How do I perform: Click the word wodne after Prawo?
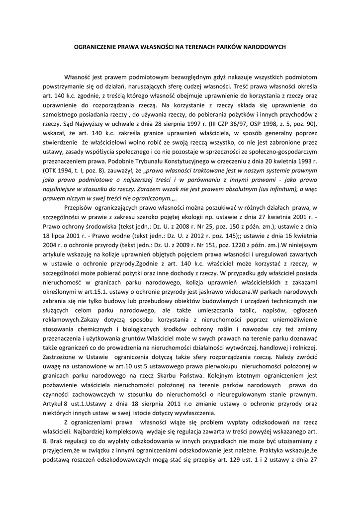[x=117, y=237]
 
